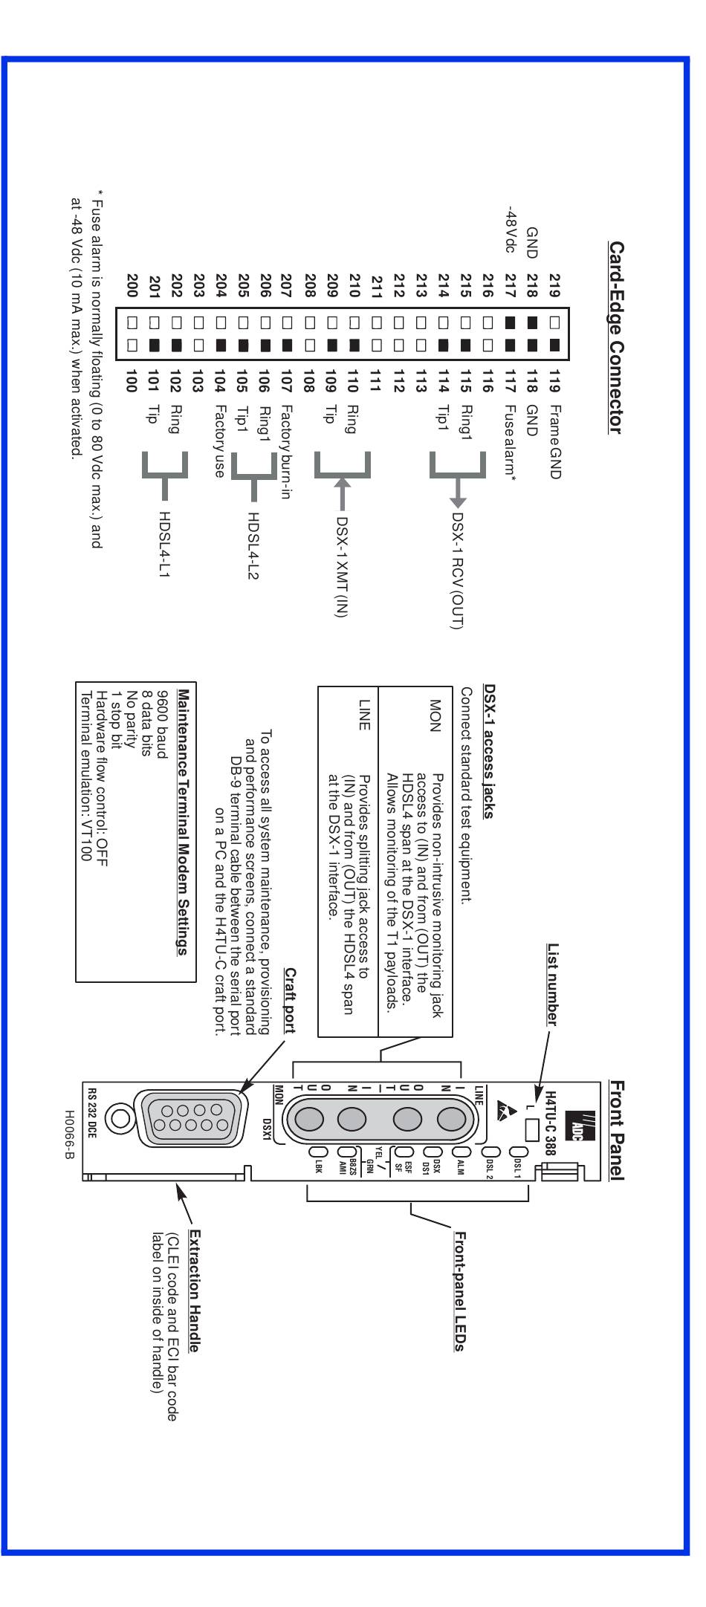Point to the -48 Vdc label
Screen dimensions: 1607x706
(510, 230)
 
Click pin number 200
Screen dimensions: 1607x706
(132, 285)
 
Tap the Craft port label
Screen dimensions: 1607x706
(290, 999)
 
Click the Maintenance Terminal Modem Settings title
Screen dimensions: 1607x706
(183, 822)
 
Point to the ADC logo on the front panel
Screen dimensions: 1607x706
(581, 1126)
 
